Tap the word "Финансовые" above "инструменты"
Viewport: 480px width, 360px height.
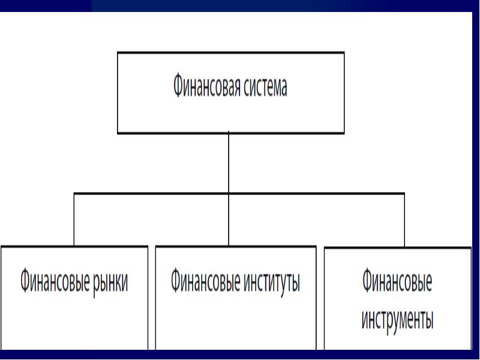[x=397, y=281]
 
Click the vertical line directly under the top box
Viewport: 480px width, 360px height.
[x=229, y=162]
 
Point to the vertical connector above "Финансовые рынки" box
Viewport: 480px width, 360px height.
[x=74, y=219]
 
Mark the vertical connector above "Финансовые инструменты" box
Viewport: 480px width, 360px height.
[x=404, y=219]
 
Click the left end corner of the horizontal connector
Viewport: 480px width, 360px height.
[x=74, y=193]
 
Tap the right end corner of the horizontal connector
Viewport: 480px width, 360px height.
[x=404, y=193]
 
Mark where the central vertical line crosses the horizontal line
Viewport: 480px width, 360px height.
[x=229, y=193]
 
